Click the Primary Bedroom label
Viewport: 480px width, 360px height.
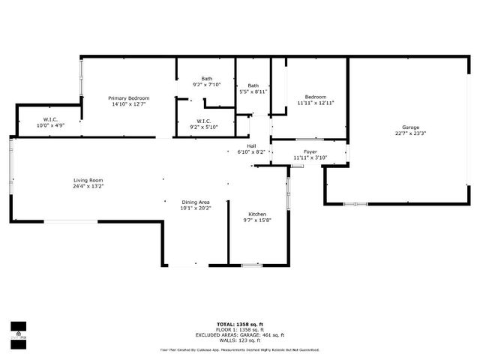pos(128,98)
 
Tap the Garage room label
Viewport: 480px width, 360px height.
pos(410,127)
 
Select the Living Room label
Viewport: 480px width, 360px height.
pos(88,180)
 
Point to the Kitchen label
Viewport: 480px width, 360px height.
pos(257,214)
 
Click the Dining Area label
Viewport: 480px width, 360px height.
pos(196,202)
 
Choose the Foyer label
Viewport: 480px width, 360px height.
pos(310,151)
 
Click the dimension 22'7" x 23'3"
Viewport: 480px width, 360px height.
pos(410,133)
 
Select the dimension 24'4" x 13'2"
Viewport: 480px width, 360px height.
pos(88,187)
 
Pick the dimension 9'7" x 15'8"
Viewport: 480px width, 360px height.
pos(257,221)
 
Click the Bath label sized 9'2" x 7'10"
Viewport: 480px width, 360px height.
pos(206,79)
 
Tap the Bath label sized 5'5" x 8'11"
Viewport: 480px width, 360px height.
pos(253,85)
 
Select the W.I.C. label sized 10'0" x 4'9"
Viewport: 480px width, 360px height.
pos(51,119)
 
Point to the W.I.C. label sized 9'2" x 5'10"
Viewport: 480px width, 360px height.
pos(204,121)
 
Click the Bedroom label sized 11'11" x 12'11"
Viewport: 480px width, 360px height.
pos(315,97)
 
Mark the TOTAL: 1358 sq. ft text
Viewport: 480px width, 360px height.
pos(239,325)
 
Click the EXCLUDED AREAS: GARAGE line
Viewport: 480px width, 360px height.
pos(239,335)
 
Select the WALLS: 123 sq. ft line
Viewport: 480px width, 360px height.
pos(239,340)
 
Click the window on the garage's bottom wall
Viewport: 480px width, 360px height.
pos(355,203)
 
